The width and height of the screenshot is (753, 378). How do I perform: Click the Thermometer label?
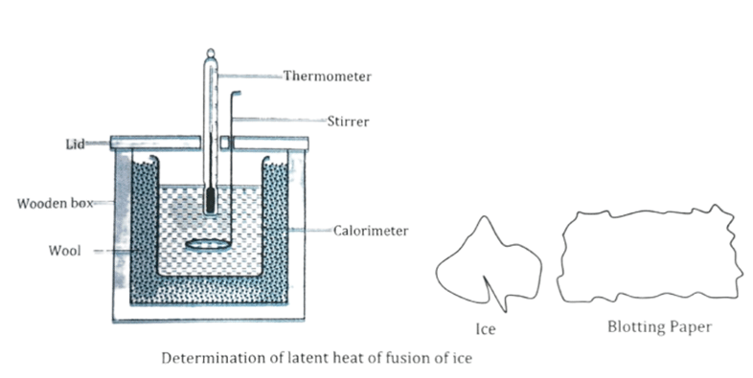327,77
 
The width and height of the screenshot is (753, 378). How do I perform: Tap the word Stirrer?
348,122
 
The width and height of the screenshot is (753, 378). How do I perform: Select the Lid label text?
76,144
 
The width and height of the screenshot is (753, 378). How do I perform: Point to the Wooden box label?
56,204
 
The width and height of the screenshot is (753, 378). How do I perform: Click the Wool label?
65,251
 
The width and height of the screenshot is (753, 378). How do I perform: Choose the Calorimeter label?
371,231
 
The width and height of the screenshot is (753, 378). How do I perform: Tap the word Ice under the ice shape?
486,329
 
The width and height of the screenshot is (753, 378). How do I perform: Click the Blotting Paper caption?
659,327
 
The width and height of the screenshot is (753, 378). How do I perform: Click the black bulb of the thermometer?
211,201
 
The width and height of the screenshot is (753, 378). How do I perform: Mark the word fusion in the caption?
408,358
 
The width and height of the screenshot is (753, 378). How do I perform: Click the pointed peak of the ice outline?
484,217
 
